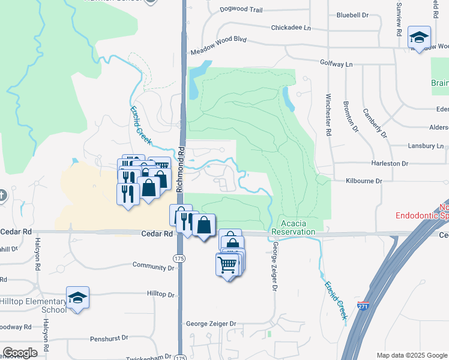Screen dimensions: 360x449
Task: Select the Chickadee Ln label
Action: point(292,28)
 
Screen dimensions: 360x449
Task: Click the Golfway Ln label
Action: point(336,62)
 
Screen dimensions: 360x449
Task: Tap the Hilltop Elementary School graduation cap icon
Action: point(77,298)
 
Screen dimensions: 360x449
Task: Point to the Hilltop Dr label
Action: point(160,295)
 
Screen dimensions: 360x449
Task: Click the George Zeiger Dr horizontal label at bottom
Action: point(211,323)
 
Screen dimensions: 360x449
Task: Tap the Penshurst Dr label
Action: point(109,339)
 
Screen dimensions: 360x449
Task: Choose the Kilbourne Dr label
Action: point(364,181)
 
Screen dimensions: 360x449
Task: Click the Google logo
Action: point(20,353)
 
